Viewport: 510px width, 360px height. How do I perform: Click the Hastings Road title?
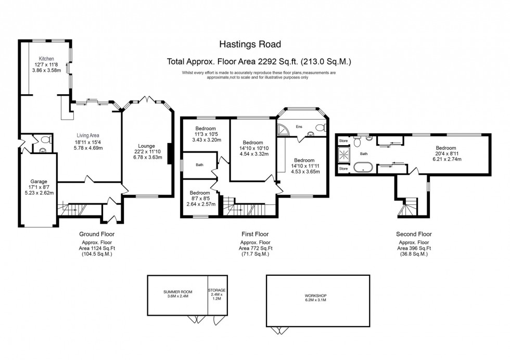pos(259,45)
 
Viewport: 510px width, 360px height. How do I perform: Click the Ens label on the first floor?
pos(299,126)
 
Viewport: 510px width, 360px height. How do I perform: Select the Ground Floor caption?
pos(96,234)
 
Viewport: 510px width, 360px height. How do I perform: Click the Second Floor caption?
pos(414,234)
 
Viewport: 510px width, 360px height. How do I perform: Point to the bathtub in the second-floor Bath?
pos(362,168)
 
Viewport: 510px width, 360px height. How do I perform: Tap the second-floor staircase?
pos(409,208)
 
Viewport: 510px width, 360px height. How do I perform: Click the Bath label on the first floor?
pos(199,165)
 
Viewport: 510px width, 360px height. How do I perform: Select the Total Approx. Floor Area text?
pos(259,61)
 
